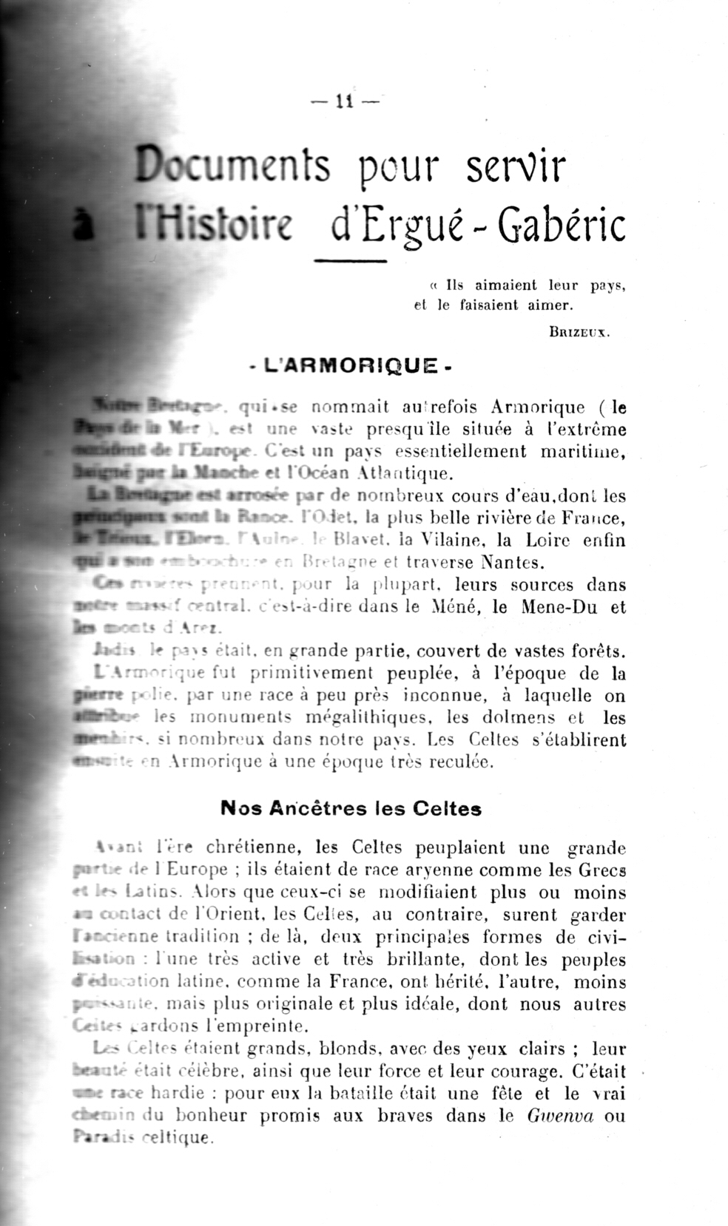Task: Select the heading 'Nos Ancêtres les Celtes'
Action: coord(351,808)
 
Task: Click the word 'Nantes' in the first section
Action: coord(513,563)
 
